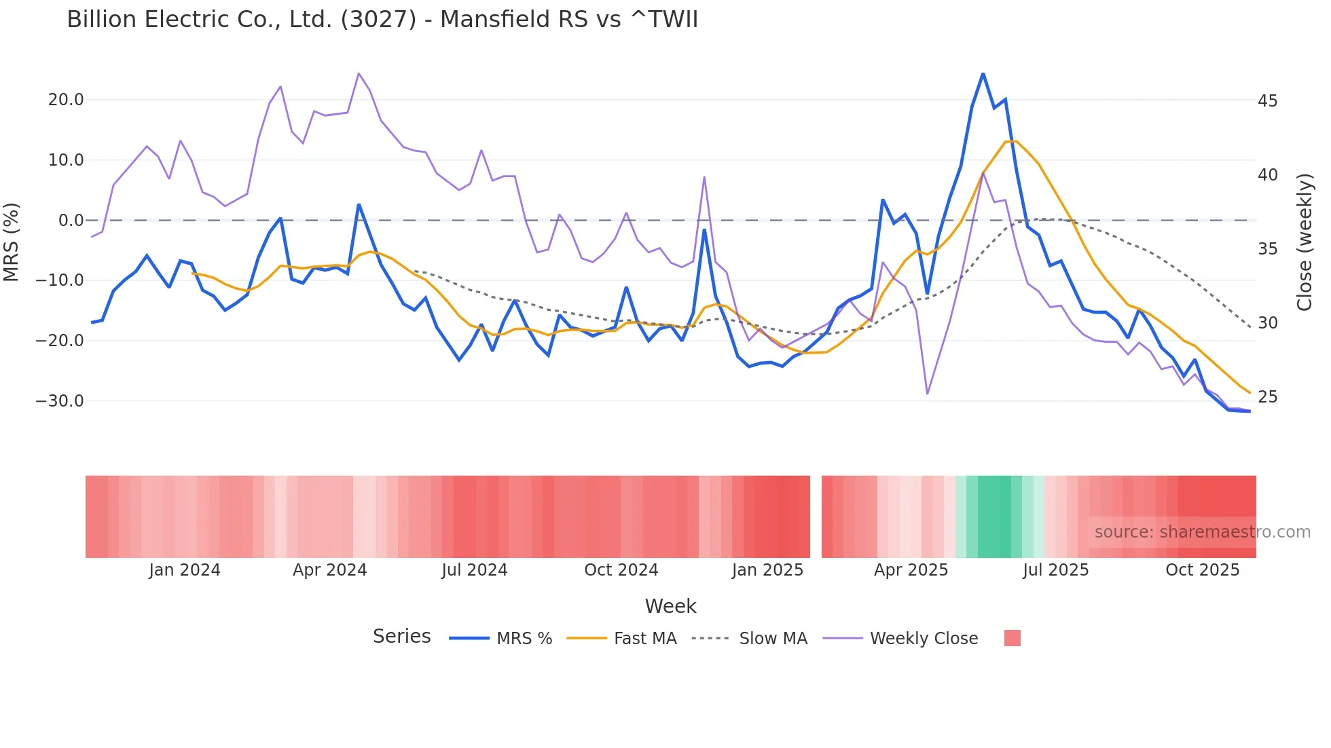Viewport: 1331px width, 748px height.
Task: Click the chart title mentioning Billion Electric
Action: click(x=382, y=20)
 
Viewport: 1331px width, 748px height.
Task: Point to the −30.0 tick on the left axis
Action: click(x=60, y=400)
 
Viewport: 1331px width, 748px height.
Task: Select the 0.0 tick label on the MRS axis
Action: click(x=71, y=220)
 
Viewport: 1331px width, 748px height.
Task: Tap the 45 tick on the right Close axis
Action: click(x=1267, y=101)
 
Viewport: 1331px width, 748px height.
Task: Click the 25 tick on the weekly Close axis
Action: click(x=1267, y=397)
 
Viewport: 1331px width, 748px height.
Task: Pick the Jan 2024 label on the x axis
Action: click(x=185, y=570)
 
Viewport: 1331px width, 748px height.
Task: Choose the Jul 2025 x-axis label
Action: click(x=1055, y=570)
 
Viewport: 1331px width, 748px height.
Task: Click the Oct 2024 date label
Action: click(x=621, y=570)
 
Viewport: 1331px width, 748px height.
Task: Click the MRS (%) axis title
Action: click(x=12, y=242)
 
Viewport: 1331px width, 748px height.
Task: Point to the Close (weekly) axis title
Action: click(x=1304, y=242)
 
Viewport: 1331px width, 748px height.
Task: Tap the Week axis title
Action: click(x=670, y=606)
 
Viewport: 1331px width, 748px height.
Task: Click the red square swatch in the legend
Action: click(x=1012, y=638)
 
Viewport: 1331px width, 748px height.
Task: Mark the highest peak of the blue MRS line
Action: click(x=983, y=73)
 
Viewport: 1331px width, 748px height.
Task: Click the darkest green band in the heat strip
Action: click(x=994, y=517)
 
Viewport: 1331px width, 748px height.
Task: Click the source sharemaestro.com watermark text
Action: click(x=1202, y=532)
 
